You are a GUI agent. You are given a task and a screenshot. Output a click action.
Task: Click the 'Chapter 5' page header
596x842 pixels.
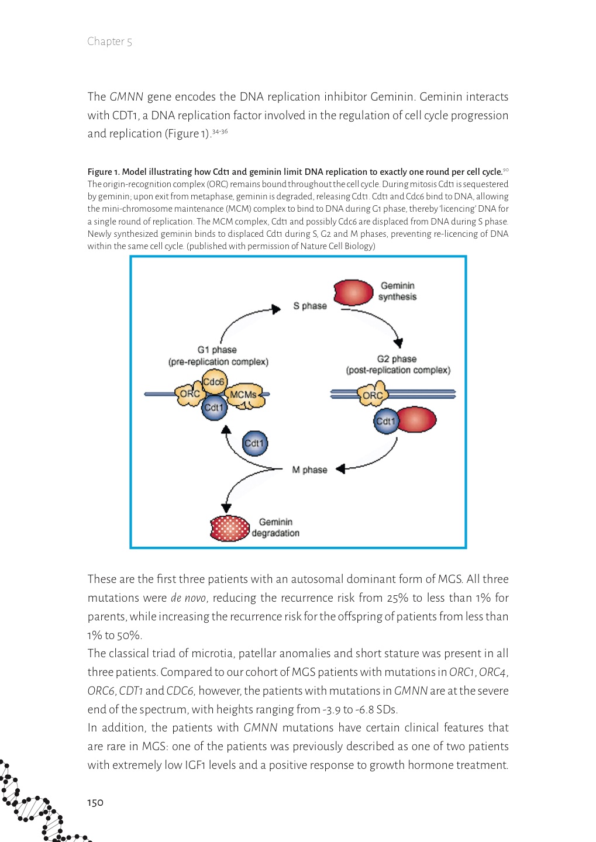(109, 42)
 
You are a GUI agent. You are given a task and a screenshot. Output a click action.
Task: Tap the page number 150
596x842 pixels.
(95, 802)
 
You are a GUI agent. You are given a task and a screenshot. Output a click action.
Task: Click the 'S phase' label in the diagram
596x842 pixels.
(309, 306)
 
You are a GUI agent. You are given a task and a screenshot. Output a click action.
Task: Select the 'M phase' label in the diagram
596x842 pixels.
(309, 470)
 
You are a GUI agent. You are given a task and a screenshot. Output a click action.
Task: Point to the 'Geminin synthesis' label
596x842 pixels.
(397, 291)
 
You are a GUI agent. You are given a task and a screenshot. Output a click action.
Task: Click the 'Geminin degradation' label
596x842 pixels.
(275, 527)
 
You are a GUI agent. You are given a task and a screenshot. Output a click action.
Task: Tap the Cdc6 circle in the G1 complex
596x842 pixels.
(213, 382)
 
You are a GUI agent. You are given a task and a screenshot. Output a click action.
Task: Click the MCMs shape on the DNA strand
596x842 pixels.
(243, 395)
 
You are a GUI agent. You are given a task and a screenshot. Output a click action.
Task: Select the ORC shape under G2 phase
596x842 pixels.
(373, 395)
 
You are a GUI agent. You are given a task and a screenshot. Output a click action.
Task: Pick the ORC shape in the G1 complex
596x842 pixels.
(189, 394)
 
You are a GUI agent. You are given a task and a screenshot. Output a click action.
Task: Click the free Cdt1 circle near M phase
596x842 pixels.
(254, 443)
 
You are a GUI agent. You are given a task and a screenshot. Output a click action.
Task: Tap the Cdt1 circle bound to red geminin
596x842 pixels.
(385, 421)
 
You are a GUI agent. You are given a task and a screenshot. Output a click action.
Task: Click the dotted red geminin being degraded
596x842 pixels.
(229, 528)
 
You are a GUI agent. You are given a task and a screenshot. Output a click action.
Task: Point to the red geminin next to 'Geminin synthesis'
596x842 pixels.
(353, 292)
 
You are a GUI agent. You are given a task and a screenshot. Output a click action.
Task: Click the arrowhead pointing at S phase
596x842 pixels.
(277, 309)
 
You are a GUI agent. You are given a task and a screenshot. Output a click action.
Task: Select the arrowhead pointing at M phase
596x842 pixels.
(340, 468)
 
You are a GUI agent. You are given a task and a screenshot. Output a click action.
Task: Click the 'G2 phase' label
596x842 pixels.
(397, 359)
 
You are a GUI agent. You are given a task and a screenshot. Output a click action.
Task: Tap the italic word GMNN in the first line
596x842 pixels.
(126, 97)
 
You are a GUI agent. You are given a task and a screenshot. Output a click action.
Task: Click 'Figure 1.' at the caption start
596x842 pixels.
(104, 172)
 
